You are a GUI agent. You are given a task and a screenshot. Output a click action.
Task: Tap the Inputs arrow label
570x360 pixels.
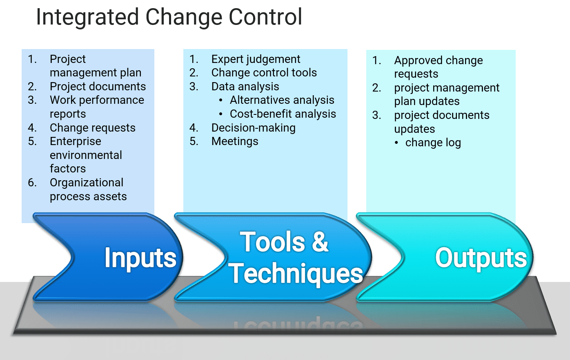140,258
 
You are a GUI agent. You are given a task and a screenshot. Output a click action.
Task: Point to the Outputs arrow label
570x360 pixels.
481,258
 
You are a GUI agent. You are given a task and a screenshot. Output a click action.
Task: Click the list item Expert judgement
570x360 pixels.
256,59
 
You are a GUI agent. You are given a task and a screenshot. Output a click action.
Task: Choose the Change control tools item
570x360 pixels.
264,73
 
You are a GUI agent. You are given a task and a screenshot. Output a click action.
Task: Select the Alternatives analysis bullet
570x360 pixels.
282,100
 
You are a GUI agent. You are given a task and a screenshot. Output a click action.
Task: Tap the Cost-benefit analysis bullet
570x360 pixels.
283,114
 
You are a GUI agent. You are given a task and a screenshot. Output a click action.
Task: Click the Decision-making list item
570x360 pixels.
253,128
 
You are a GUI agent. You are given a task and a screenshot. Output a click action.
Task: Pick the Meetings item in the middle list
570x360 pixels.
235,141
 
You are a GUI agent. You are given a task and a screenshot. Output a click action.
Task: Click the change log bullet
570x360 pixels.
433,143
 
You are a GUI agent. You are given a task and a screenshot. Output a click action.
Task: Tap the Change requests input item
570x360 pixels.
92,128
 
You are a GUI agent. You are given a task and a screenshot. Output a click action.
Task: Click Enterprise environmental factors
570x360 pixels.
86,155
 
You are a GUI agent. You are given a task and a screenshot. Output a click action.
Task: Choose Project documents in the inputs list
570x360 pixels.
98,87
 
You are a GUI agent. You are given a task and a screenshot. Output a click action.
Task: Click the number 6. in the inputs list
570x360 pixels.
32,183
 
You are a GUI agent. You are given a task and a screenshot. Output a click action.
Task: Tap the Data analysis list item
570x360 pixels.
245,87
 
